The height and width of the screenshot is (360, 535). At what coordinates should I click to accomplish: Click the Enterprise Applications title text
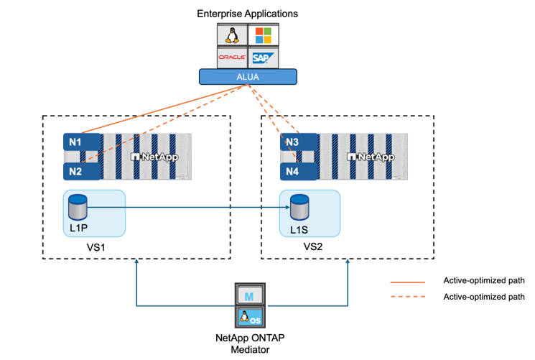tap(247, 13)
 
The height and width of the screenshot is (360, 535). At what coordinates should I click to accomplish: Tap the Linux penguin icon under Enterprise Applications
tap(232, 34)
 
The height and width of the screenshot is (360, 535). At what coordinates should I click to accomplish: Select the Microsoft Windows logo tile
tap(262, 34)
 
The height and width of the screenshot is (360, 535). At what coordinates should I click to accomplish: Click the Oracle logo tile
tap(232, 57)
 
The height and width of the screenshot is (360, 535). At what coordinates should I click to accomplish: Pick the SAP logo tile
tap(262, 57)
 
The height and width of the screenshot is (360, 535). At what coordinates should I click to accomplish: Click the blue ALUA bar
tap(247, 76)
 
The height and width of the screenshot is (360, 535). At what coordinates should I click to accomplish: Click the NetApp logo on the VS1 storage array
tap(154, 156)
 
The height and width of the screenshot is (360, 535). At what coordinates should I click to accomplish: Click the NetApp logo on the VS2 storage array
tap(371, 156)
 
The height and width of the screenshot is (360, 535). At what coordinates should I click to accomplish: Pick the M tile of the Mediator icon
tap(247, 295)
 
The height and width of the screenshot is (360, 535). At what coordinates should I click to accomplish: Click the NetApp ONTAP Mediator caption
tap(247, 343)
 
